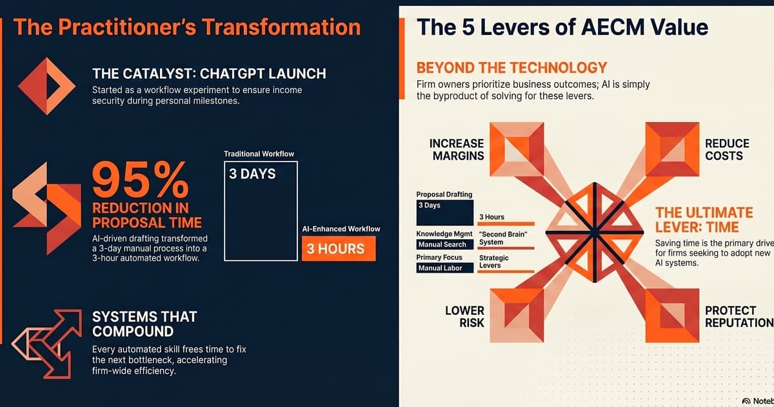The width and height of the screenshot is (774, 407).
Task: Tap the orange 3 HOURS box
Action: tap(338, 249)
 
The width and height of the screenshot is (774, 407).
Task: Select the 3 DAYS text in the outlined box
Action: tap(252, 174)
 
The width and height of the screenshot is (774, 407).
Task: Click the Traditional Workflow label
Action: tap(259, 154)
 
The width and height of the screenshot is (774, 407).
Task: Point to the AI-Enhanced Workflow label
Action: tap(341, 229)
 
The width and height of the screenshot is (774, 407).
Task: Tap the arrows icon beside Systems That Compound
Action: tap(46, 342)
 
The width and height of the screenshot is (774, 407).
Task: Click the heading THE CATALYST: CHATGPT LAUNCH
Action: tap(209, 73)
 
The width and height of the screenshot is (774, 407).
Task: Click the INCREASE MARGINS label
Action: tap(457, 149)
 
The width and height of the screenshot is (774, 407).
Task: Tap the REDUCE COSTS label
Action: tap(727, 149)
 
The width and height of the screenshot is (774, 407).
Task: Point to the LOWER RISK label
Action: tap(464, 317)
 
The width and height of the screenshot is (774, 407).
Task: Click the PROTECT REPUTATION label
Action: tap(738, 317)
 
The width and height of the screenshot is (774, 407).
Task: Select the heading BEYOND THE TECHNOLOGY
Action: tap(512, 67)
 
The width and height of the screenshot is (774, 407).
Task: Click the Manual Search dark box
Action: tap(444, 245)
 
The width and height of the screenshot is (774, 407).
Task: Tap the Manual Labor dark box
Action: tap(444, 268)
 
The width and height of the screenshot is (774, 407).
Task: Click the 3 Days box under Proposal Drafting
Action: tap(444, 211)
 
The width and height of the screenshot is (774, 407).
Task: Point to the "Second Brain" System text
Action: tap(503, 238)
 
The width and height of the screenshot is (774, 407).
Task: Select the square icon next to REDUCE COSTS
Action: tap(672, 149)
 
